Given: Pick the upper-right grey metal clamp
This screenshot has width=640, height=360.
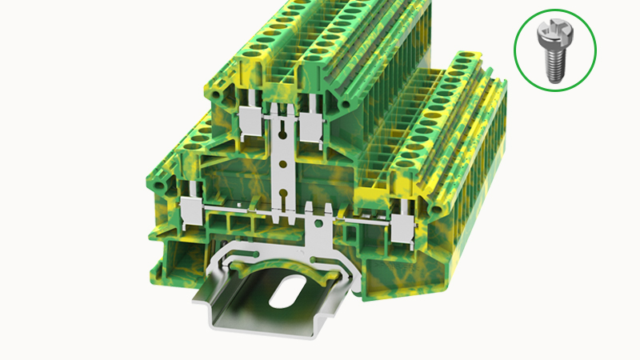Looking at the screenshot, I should [310, 124].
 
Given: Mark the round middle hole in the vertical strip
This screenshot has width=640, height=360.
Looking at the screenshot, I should [281, 164].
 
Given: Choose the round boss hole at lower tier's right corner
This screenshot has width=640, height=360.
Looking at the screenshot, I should [437, 210].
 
